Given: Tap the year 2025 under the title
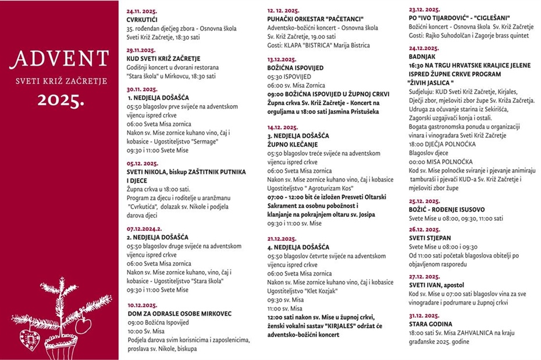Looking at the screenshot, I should (61, 99).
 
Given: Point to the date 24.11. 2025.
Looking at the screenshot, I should (142, 11).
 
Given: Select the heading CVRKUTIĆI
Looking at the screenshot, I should (142, 19).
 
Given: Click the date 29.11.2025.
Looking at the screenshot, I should (141, 51).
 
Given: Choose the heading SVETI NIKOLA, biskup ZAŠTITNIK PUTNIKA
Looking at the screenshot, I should (186, 172).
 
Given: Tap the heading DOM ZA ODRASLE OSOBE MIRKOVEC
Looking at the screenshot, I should (179, 313).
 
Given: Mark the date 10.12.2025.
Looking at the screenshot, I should (142, 305).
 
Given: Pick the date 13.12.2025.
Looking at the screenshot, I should (282, 59).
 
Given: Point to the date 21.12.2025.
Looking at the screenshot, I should (283, 238).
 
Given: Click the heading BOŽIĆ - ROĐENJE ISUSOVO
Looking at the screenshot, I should (447, 209).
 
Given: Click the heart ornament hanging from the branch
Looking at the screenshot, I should (83, 325).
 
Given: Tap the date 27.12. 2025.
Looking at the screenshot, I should (425, 277).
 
